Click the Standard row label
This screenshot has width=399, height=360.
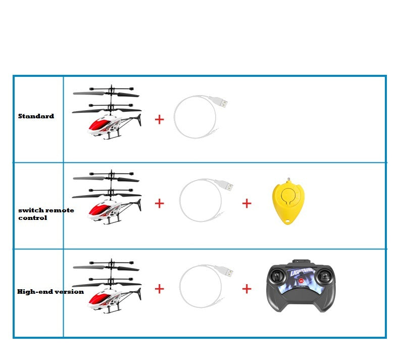pos(36,116)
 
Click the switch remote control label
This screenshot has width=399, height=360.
pos(45,214)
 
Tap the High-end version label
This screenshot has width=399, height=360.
pos(50,292)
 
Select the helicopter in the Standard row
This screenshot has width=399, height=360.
pos(107,114)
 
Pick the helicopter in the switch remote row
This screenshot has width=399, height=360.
pos(107,199)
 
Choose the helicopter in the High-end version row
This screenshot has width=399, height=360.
pos(107,285)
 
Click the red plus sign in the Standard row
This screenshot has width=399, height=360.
pos(159,119)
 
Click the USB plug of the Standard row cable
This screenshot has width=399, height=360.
pos(221,102)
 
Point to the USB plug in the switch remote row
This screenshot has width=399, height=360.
pos(227,186)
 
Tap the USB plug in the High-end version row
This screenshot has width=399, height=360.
pos(227,272)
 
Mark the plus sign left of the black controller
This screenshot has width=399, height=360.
pos(246,289)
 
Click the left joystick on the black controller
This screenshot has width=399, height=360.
pos(277,277)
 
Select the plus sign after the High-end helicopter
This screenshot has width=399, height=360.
pos(159,289)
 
